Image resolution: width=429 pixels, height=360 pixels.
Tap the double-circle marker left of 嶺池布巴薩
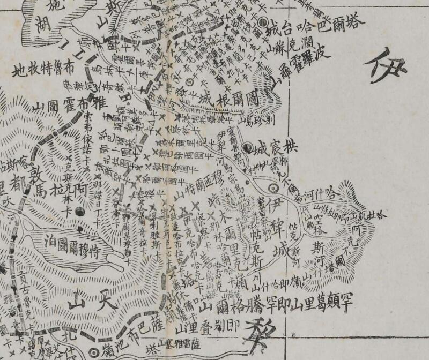[x=95, y=351]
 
